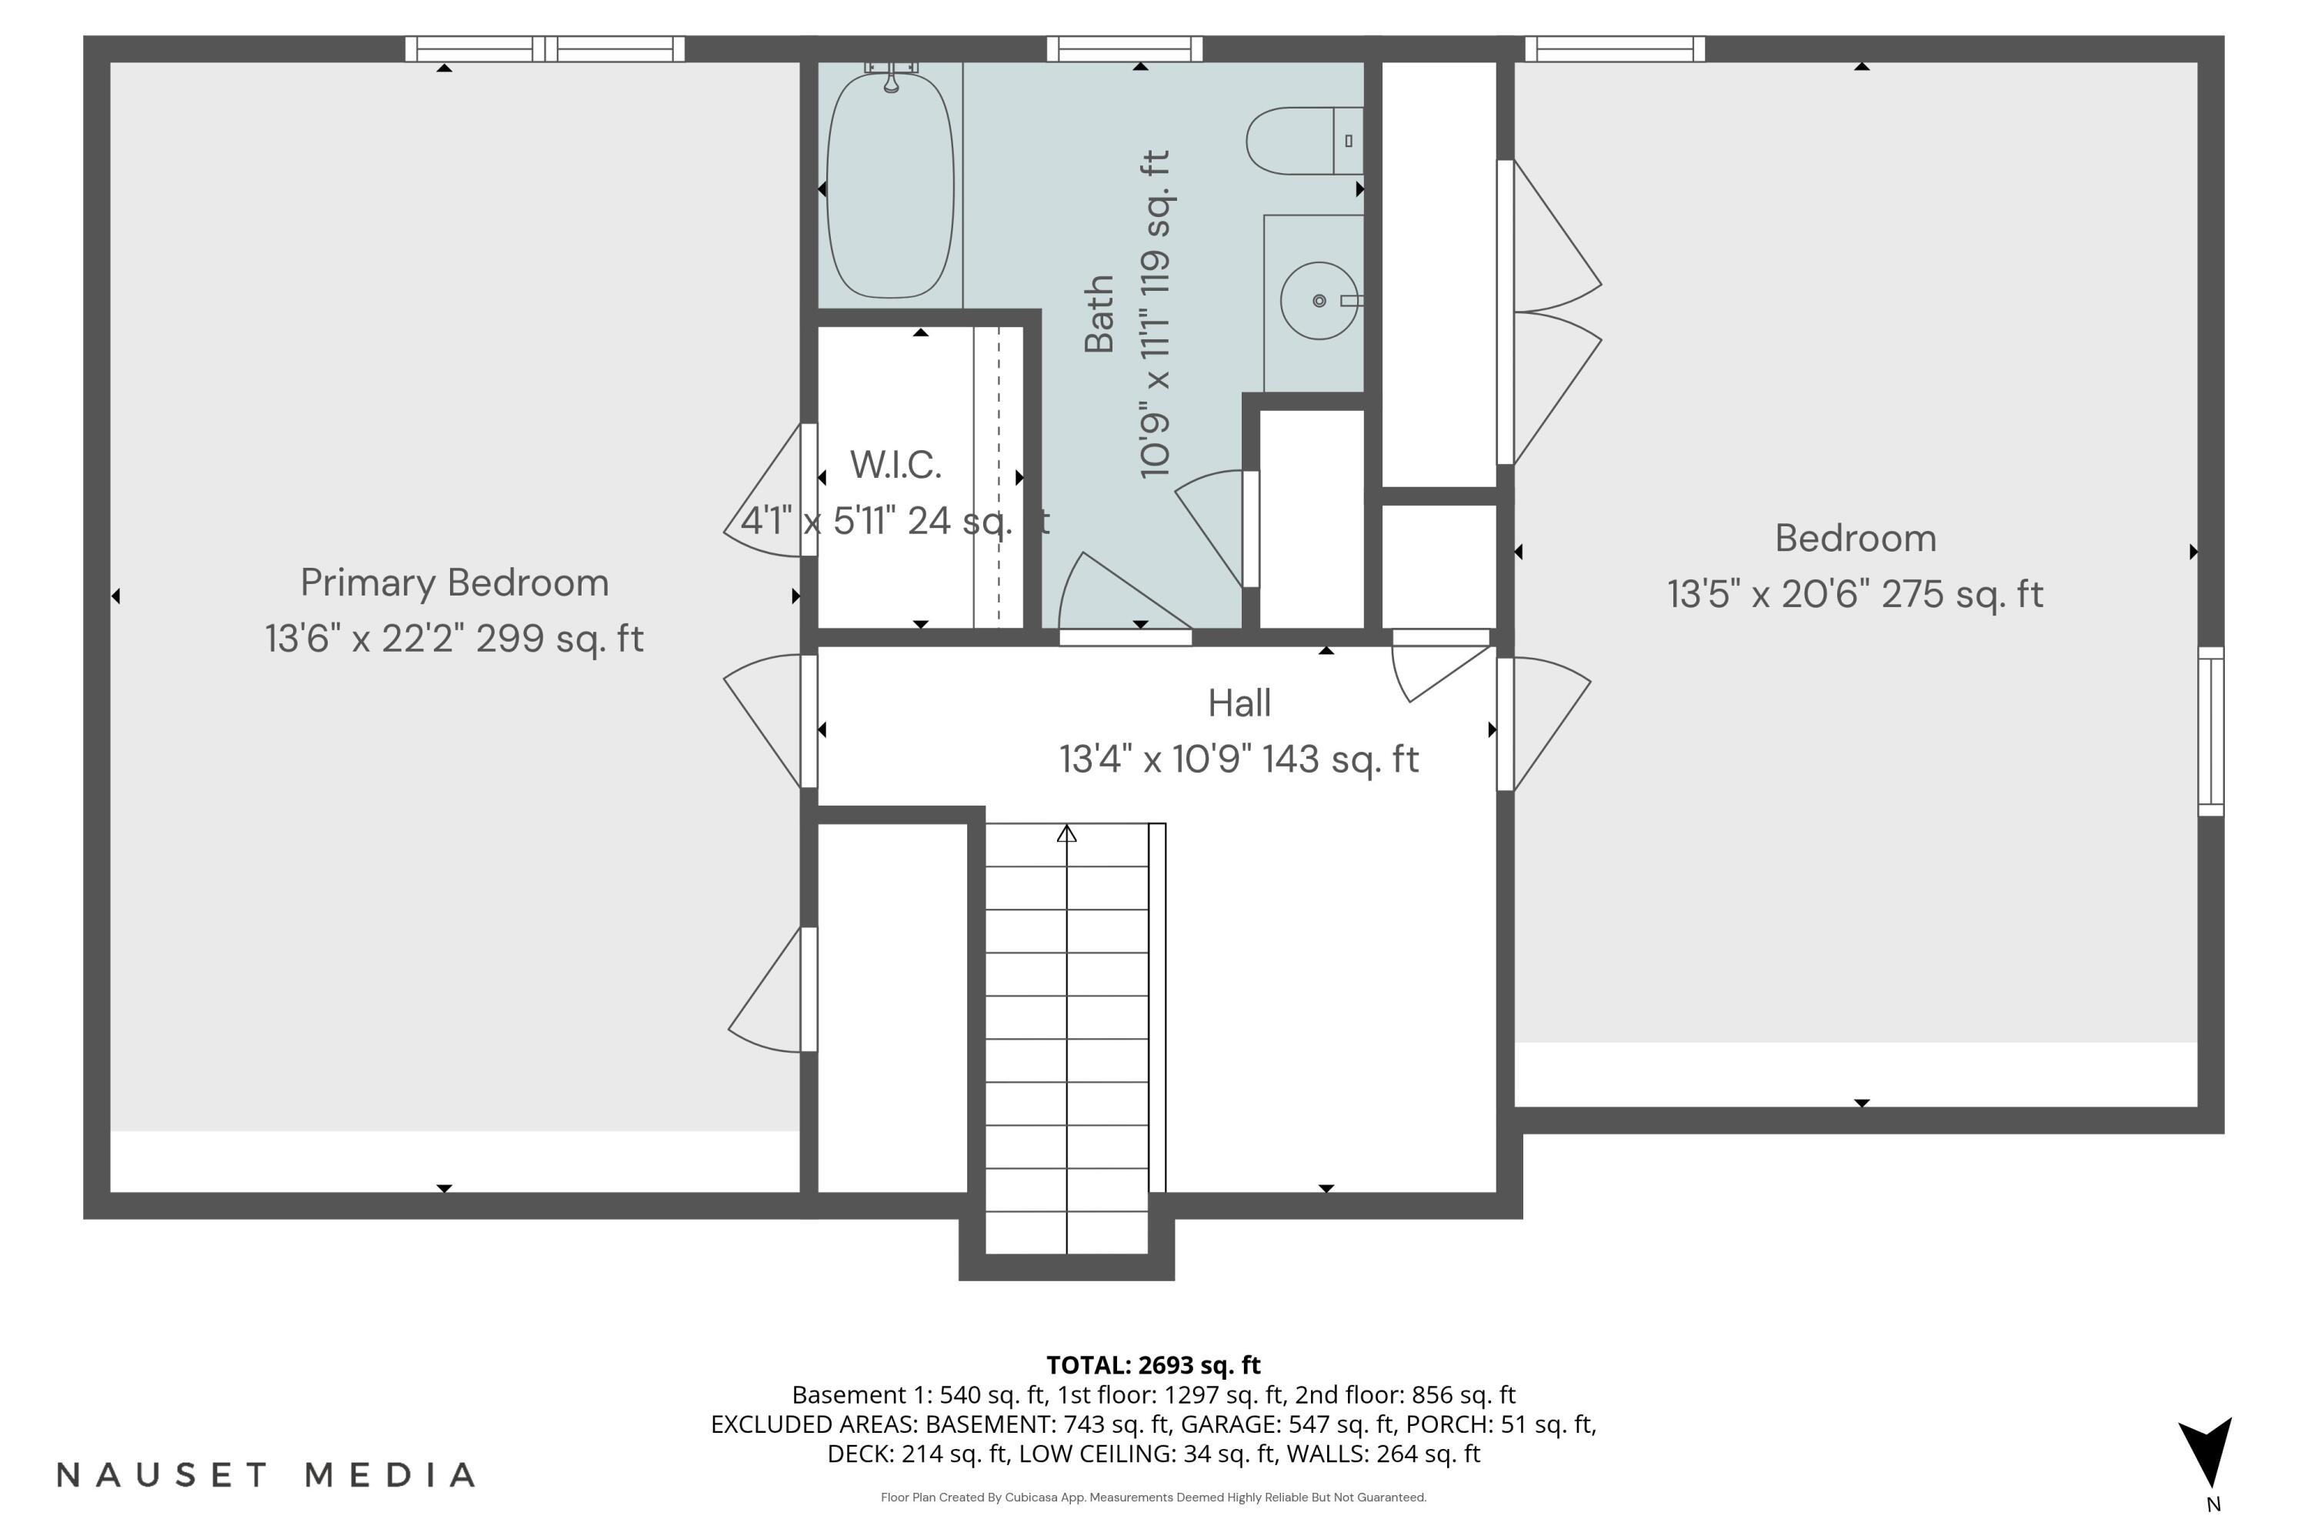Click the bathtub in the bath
[x=890, y=186]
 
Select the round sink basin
[x=1319, y=300]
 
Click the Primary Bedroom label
[x=455, y=583]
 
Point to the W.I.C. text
[x=895, y=466]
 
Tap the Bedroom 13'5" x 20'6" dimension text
[x=1855, y=595]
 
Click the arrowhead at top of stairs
[x=1066, y=834]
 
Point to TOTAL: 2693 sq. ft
[x=1153, y=1365]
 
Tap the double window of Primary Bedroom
[x=545, y=49]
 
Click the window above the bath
[x=1125, y=49]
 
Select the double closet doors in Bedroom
[x=1550, y=312]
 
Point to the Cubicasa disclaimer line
[x=1153, y=1497]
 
